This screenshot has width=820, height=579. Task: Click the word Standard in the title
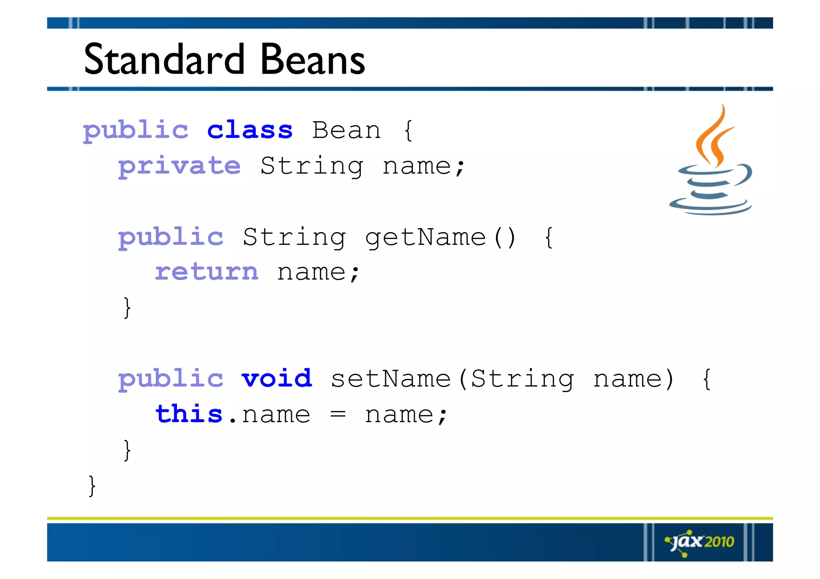click(x=164, y=60)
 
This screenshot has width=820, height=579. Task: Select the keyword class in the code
click(x=250, y=130)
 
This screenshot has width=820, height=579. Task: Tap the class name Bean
click(x=346, y=130)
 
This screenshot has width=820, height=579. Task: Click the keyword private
click(x=179, y=166)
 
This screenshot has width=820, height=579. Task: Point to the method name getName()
click(x=440, y=237)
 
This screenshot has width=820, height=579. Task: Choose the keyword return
click(x=207, y=272)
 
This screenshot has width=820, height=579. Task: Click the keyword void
click(x=276, y=379)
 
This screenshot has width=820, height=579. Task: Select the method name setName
click(x=391, y=379)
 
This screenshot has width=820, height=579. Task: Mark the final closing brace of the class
click(x=92, y=485)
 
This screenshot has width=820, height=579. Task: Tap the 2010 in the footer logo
click(x=719, y=542)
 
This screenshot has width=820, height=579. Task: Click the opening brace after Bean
click(x=408, y=130)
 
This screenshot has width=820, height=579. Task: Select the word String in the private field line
click(x=312, y=166)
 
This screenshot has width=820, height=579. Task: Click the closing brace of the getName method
click(x=127, y=307)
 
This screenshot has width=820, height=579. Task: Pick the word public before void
click(x=171, y=379)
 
